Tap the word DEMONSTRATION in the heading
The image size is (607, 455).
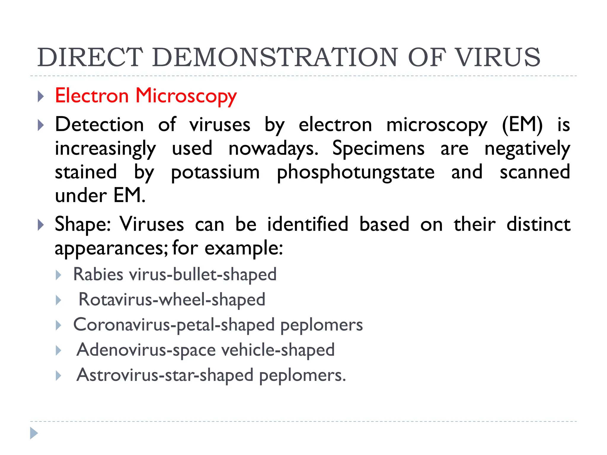(275, 57)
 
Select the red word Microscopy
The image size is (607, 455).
(186, 96)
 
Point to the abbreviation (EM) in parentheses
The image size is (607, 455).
(522, 124)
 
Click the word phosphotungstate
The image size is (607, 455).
(355, 172)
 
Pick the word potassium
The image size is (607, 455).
(215, 172)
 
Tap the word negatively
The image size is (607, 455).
(527, 149)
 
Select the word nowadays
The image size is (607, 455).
(273, 149)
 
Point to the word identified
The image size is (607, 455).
(307, 224)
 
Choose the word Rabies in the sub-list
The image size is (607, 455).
(98, 274)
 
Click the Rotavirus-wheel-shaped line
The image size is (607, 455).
(172, 299)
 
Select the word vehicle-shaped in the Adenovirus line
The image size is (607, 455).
(278, 350)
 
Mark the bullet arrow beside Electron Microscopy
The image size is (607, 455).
(41, 97)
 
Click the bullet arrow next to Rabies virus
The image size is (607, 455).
(59, 275)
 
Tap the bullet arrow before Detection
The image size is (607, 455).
(41, 125)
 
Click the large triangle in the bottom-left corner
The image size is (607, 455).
(34, 433)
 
